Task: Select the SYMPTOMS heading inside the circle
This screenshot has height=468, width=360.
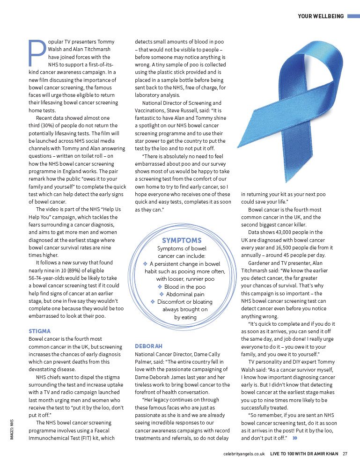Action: (182, 240)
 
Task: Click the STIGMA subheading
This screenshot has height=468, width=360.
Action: (39, 331)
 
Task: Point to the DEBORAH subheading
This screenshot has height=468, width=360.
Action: (148, 346)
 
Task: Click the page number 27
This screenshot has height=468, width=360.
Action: (345, 453)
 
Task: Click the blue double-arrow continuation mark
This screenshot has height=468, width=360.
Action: (295, 438)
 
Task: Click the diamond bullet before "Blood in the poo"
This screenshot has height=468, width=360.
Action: (160, 286)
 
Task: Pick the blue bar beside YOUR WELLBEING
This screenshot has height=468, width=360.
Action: (353, 16)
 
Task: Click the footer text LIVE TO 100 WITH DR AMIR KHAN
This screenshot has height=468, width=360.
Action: (304, 453)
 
